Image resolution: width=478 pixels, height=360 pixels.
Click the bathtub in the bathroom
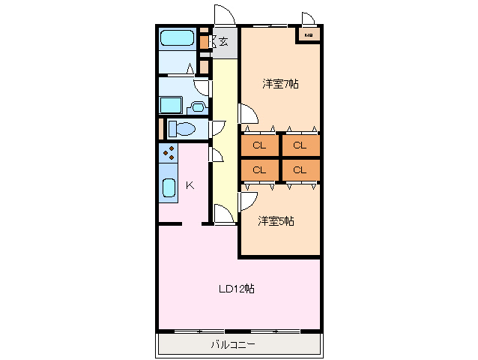[x=178, y=38]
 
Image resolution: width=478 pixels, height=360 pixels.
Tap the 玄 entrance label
[x=223, y=42]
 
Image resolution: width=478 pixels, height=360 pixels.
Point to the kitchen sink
[x=169, y=187]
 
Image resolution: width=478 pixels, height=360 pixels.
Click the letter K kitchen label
[x=190, y=185]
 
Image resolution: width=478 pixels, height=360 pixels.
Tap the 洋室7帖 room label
[x=279, y=83]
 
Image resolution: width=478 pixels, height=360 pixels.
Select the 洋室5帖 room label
[x=276, y=220]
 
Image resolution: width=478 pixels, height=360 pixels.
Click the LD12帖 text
[x=236, y=288]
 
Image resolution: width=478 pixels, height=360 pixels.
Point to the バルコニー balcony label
[x=232, y=345]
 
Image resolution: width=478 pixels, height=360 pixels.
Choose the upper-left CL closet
[x=259, y=145]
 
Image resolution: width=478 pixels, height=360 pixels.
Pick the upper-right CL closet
[x=300, y=145]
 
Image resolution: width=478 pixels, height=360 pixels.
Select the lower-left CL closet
[x=259, y=169]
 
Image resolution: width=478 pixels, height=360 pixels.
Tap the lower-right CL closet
[x=300, y=169]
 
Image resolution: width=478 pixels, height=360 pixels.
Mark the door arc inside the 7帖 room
[x=249, y=113]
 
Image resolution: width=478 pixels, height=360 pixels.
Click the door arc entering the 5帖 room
[x=248, y=199]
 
